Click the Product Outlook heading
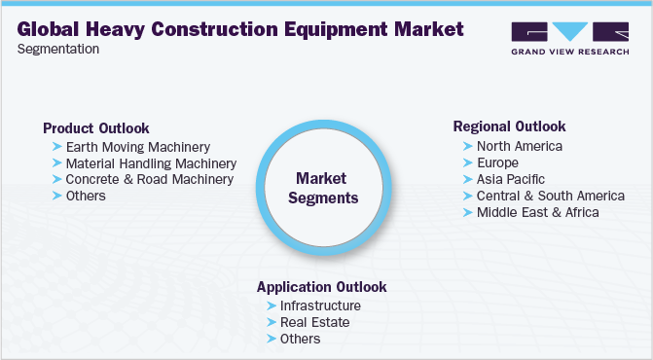pos(95,128)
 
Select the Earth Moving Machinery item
pos(137,147)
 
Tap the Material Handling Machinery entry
pos(151,163)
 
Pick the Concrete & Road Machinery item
pos(149,179)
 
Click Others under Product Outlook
pos(86,196)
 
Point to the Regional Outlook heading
pos(509,126)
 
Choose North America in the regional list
pos(519,146)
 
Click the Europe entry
pos(497,162)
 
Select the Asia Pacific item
pos(510,179)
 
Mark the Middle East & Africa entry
pos(537,211)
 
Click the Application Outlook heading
pos(321,287)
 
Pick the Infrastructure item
pos(320,306)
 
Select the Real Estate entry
pos(314,322)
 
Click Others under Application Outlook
pos(300,339)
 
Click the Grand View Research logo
pos(568,38)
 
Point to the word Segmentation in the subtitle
pos(57,49)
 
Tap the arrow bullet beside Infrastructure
pos(271,306)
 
